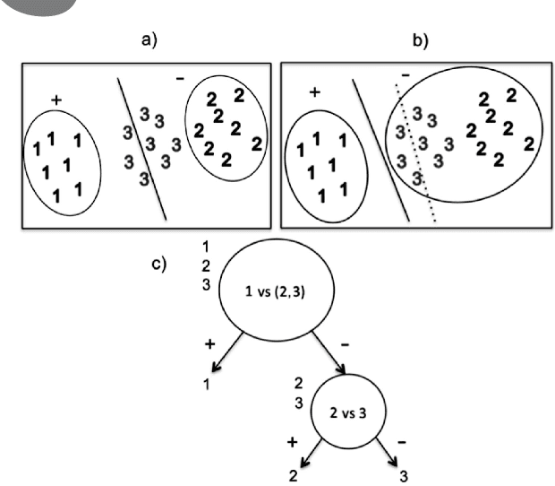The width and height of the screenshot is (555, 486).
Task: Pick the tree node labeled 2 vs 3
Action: coord(347,414)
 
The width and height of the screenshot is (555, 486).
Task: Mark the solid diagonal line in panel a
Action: coord(142,148)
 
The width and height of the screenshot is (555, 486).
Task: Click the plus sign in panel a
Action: coord(56,101)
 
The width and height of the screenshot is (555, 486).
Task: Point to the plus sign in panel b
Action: coord(314,92)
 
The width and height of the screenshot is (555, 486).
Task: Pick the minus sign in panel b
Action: coord(405,77)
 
